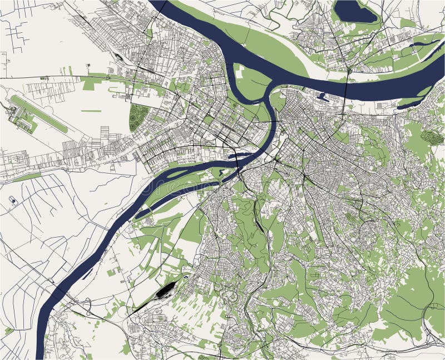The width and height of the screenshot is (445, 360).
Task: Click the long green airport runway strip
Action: (39, 114)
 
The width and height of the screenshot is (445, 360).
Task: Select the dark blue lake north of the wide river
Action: (354, 11)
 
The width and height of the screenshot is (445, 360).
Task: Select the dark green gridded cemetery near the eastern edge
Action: (432, 137)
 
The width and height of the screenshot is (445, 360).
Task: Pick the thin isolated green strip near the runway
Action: (91, 111)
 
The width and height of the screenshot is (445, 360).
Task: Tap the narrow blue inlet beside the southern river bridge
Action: (243, 157)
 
